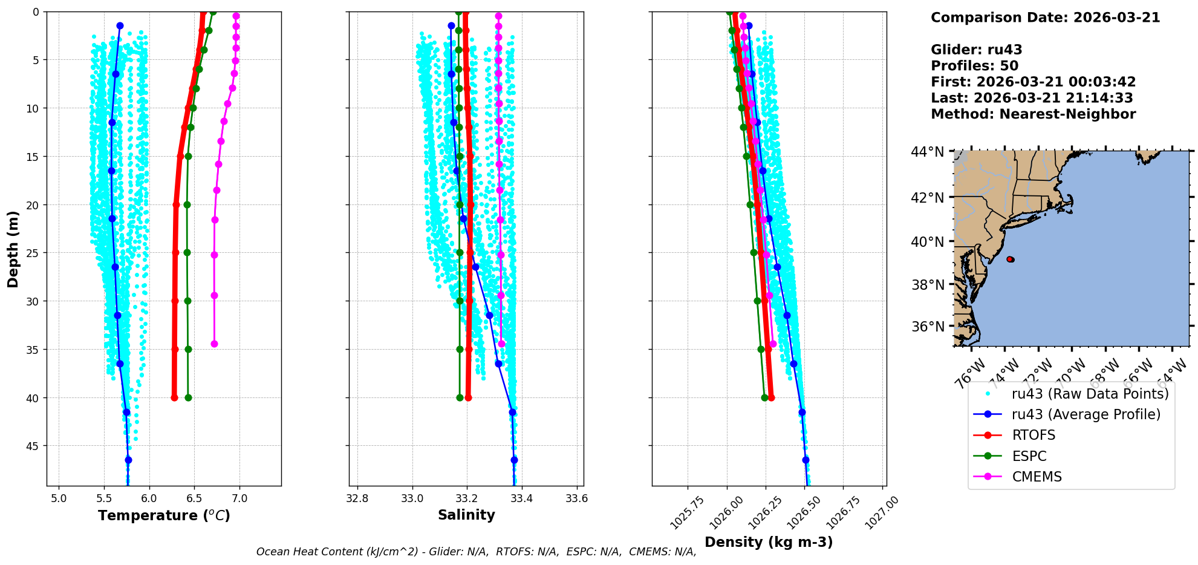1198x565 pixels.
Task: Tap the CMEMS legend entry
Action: tap(1037, 477)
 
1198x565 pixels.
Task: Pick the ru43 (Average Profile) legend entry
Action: tap(1086, 414)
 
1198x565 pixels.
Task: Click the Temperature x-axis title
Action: tap(164, 515)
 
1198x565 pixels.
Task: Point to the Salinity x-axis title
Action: tap(466, 515)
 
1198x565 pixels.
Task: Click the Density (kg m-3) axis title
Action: tap(769, 542)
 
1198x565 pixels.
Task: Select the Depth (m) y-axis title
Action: tap(13, 249)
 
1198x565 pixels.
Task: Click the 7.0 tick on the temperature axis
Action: tap(239, 498)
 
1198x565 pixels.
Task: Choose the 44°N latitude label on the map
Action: tap(927, 152)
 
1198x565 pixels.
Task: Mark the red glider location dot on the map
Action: tap(1010, 259)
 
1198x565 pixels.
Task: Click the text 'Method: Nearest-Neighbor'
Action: tap(1033, 114)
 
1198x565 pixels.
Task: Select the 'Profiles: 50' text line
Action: tap(974, 66)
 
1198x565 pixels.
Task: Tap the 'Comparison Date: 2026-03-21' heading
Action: tap(1045, 18)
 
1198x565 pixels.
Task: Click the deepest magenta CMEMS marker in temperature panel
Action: tap(214, 344)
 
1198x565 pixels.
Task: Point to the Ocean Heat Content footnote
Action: tap(476, 552)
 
